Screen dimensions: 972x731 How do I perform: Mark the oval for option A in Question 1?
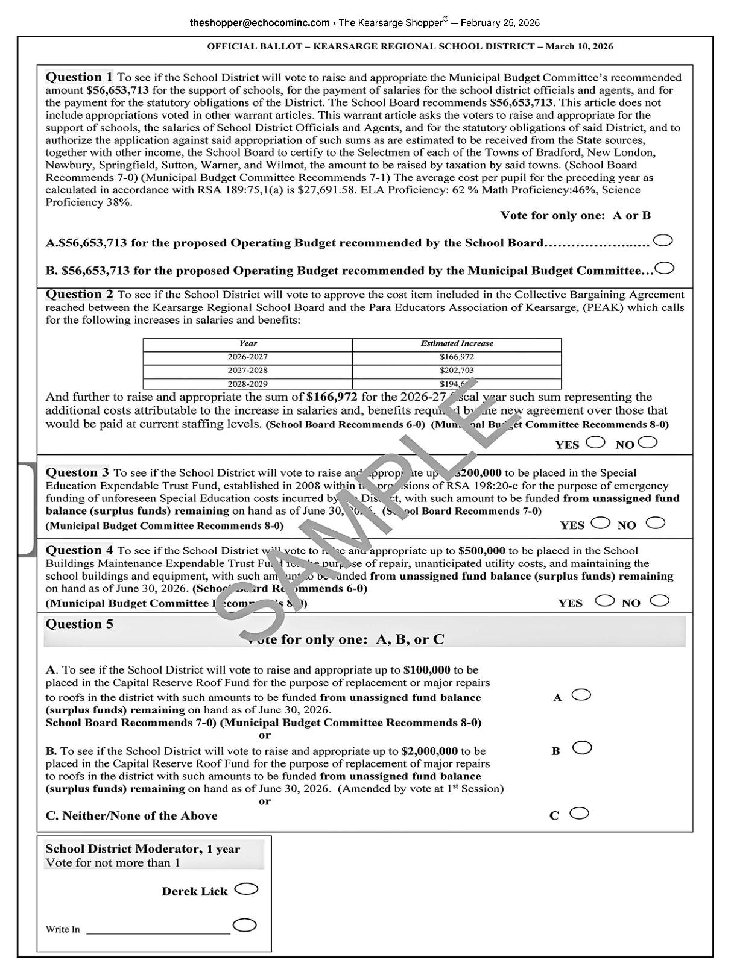(x=663, y=240)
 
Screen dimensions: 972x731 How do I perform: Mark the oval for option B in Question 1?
(x=665, y=268)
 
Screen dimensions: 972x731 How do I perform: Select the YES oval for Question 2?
(x=595, y=442)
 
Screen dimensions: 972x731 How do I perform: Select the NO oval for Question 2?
(x=648, y=442)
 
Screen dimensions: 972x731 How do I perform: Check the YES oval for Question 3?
(x=600, y=522)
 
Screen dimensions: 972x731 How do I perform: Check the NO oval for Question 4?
(x=660, y=600)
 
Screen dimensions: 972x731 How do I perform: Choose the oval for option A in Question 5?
(x=581, y=695)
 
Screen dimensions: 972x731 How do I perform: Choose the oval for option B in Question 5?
(x=582, y=748)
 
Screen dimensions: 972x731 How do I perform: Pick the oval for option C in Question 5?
(x=579, y=814)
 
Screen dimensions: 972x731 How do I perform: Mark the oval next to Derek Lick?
(x=246, y=889)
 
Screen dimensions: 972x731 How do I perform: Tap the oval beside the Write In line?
(x=244, y=925)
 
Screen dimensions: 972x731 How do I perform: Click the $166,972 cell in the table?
(x=457, y=357)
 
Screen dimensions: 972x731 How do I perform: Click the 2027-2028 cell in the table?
(x=247, y=370)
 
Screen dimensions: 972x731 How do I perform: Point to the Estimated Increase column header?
(x=457, y=343)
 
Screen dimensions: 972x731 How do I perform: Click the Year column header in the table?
(x=248, y=343)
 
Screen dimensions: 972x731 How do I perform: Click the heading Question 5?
(x=79, y=624)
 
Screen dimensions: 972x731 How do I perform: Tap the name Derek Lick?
(x=194, y=891)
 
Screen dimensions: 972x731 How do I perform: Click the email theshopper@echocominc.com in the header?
(x=259, y=23)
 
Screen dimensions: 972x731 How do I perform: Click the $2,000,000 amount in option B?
(x=429, y=751)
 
